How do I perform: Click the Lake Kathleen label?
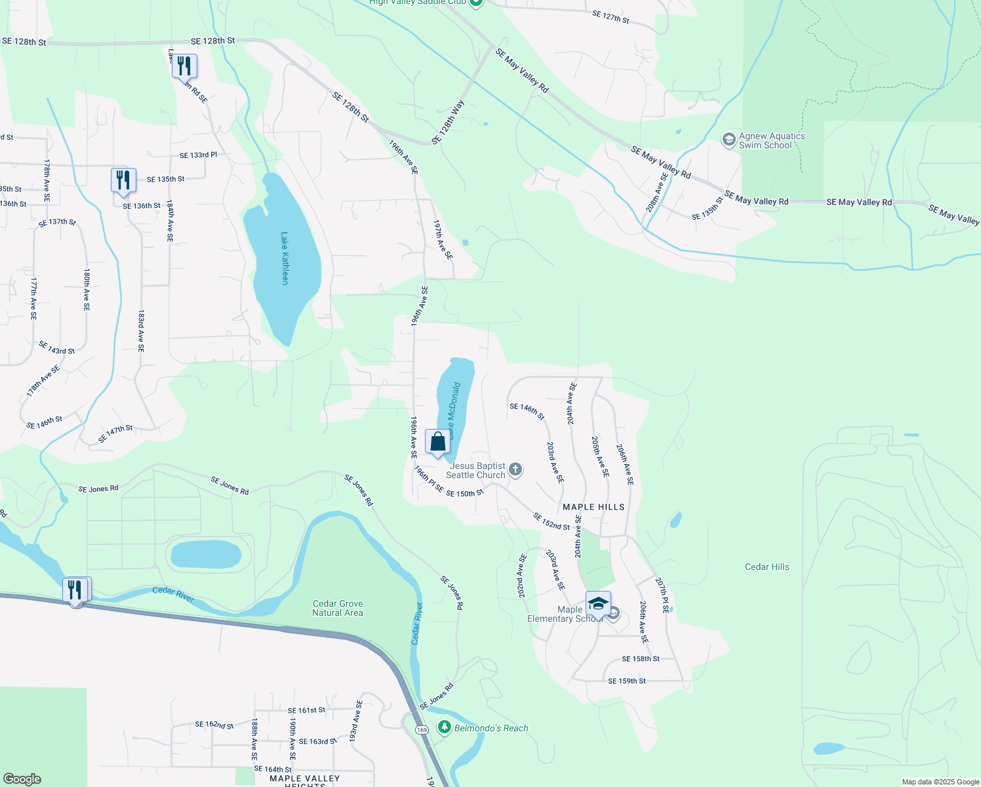285,258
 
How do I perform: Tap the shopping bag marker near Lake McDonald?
437,442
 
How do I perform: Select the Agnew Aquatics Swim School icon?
728,140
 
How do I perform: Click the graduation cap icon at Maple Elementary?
598,604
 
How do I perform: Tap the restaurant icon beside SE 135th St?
123,180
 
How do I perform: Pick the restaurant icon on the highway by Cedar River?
76,590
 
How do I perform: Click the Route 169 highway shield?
422,730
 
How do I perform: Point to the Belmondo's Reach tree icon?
445,727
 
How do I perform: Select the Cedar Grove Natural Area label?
338,608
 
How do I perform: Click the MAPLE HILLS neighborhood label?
593,507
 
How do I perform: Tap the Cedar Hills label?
767,567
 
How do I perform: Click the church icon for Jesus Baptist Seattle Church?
515,469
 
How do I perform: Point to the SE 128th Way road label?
449,122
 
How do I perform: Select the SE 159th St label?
626,681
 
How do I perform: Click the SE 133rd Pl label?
198,155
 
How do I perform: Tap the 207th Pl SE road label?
662,595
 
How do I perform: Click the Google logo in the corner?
22,778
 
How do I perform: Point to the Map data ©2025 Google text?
940,782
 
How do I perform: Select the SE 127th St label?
610,17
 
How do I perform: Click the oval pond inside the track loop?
206,554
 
